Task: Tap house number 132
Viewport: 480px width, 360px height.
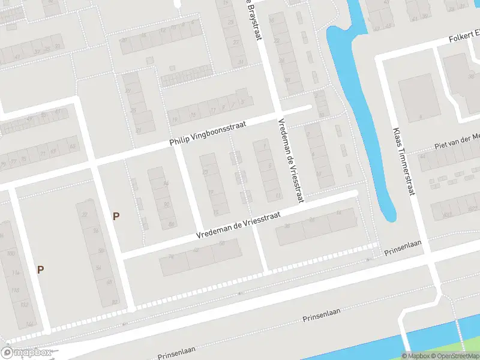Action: (x=24, y=305)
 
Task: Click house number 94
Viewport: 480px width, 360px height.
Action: (x=166, y=184)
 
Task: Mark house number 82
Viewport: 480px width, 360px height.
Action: (x=115, y=302)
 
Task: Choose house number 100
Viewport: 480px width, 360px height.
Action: (x=10, y=254)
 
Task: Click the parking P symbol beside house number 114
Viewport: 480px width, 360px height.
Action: (x=40, y=270)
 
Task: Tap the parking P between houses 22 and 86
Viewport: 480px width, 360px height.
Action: (x=116, y=216)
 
